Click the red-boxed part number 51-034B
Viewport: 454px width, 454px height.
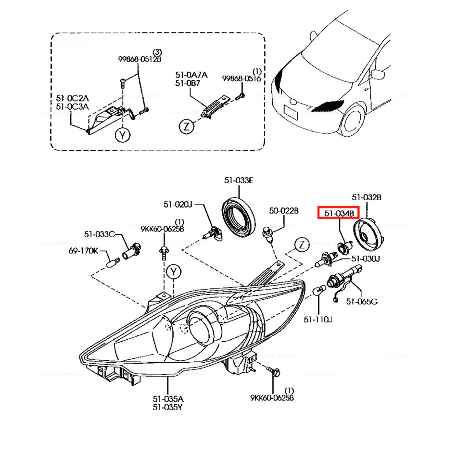pyautogui.click(x=339, y=213)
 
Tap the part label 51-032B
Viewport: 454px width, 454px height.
pyautogui.click(x=366, y=197)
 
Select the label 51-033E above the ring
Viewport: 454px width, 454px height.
pyautogui.click(x=239, y=180)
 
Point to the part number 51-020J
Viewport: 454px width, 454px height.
pyautogui.click(x=178, y=205)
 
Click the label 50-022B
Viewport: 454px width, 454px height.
pyautogui.click(x=283, y=211)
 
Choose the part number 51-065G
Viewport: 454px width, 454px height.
pyautogui.click(x=361, y=301)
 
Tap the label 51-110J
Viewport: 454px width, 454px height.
pyautogui.click(x=318, y=320)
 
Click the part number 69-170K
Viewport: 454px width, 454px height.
pyautogui.click(x=83, y=251)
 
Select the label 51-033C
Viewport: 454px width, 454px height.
pyautogui.click(x=99, y=234)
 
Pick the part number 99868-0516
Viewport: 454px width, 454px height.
pyautogui.click(x=241, y=78)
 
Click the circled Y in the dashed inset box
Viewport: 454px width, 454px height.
pyautogui.click(x=123, y=135)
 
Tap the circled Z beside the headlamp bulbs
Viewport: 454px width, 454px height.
pyautogui.click(x=302, y=244)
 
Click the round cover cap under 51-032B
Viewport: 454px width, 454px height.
pyautogui.click(x=368, y=234)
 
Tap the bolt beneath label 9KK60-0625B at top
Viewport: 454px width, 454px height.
pyautogui.click(x=164, y=253)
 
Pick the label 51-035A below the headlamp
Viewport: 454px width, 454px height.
pyautogui.click(x=168, y=399)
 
